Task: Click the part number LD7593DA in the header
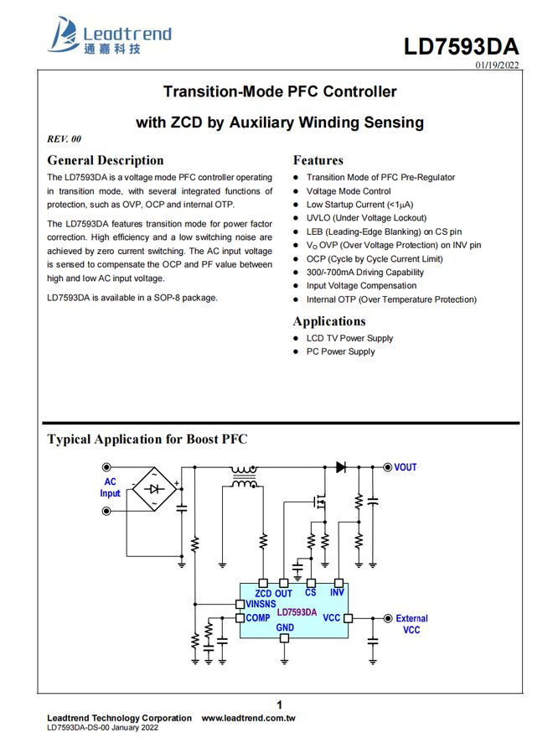[461, 46]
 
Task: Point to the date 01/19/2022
[498, 65]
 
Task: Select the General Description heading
[106, 160]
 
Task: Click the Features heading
[318, 160]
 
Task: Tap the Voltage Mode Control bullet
[349, 191]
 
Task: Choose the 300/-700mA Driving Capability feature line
[364, 272]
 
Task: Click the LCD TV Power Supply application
[349, 338]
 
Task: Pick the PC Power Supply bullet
[340, 351]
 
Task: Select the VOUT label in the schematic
[405, 467]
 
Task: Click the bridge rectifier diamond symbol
[156, 487]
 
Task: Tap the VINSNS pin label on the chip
[261, 604]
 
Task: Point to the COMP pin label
[258, 618]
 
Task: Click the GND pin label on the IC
[285, 627]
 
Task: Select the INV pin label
[337, 592]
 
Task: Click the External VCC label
[411, 624]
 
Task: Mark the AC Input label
[111, 487]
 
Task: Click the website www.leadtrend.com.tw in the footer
[248, 718]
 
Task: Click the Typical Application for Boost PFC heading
[147, 439]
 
